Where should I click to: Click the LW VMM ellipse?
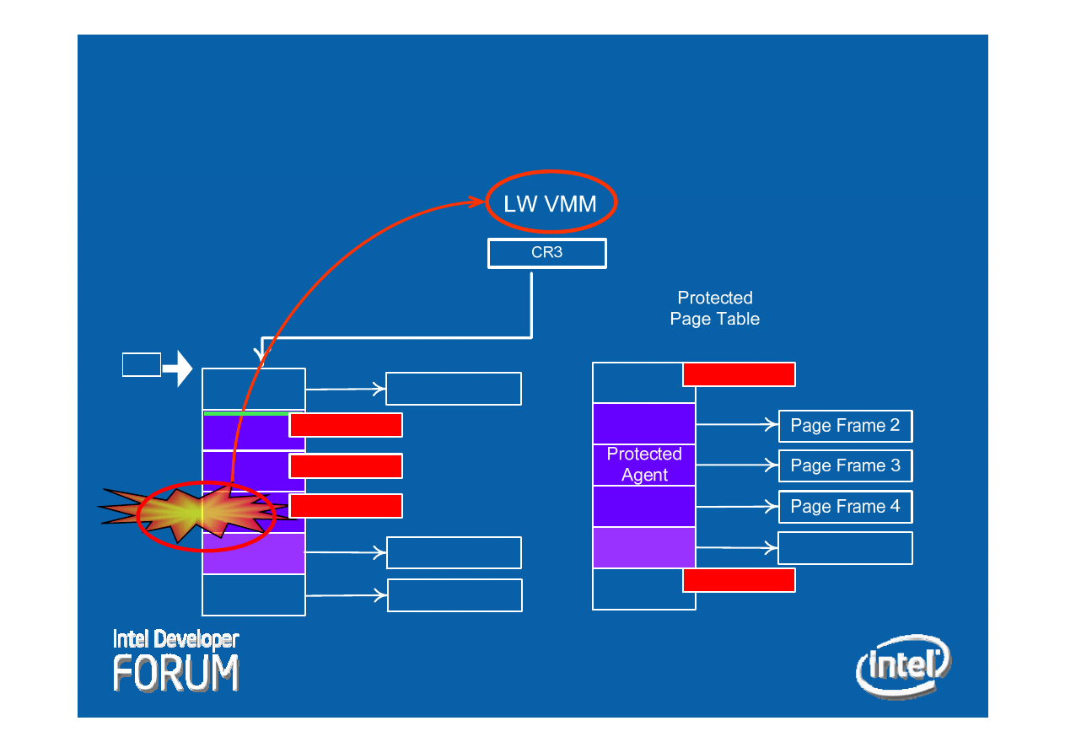tap(551, 203)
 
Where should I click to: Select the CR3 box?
tap(546, 253)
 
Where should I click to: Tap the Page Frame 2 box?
tap(845, 426)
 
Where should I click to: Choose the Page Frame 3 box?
tap(845, 465)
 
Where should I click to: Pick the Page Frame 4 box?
tap(845, 507)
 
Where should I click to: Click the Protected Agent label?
tap(644, 465)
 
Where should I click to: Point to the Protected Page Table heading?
tap(715, 309)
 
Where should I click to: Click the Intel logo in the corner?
tap(903, 666)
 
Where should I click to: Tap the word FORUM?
tap(176, 673)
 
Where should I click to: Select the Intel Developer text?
tap(175, 639)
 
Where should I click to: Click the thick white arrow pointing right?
tap(178, 368)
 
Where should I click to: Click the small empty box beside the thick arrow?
tap(141, 364)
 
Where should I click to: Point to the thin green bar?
tap(245, 413)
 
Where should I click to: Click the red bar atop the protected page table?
tap(739, 374)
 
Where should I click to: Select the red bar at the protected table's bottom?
tap(739, 580)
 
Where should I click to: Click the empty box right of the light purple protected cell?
tap(845, 548)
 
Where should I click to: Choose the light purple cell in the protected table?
tap(644, 547)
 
